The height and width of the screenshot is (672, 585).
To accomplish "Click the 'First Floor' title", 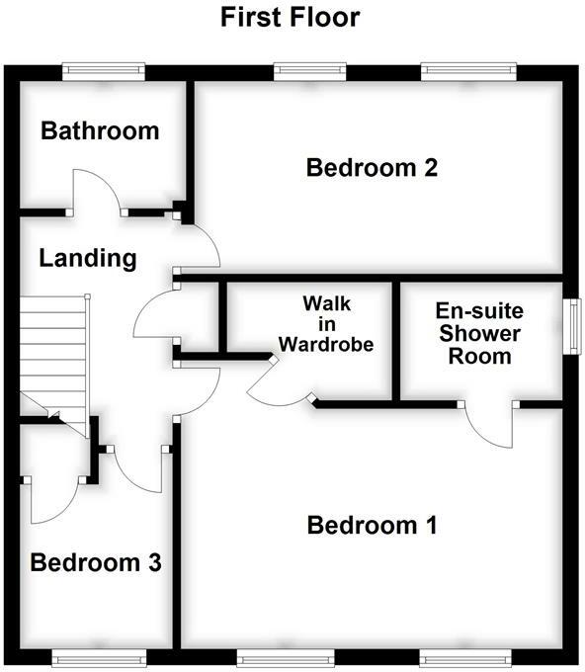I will [x=290, y=17].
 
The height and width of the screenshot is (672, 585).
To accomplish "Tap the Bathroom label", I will [x=100, y=130].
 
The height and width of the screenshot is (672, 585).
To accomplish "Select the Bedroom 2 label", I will [x=372, y=167].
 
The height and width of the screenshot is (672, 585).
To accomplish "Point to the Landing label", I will [x=87, y=259].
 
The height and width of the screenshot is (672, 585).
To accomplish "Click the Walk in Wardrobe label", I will [x=325, y=323].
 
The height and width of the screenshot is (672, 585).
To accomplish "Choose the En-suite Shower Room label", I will [x=480, y=332].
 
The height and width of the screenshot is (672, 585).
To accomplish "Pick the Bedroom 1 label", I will [x=372, y=525].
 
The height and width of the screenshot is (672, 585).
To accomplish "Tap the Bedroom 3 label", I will [x=96, y=563].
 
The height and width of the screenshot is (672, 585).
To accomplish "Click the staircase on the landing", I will [x=54, y=351].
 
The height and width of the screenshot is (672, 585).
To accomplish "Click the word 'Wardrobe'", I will [x=325, y=344].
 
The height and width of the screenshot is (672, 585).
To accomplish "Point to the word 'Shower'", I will [x=480, y=333].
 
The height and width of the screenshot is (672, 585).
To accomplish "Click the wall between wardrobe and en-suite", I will [x=397, y=341].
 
